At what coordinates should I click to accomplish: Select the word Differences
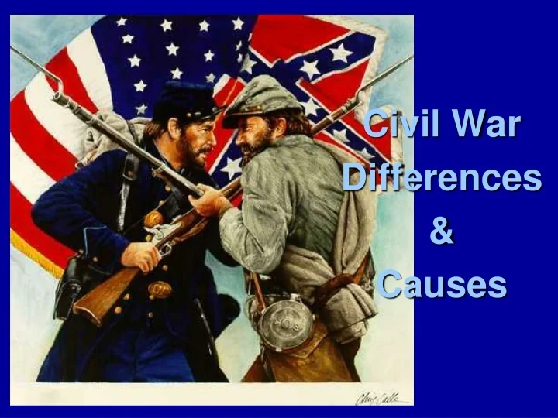click(442, 178)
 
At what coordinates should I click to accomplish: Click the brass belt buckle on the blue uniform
click(160, 290)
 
